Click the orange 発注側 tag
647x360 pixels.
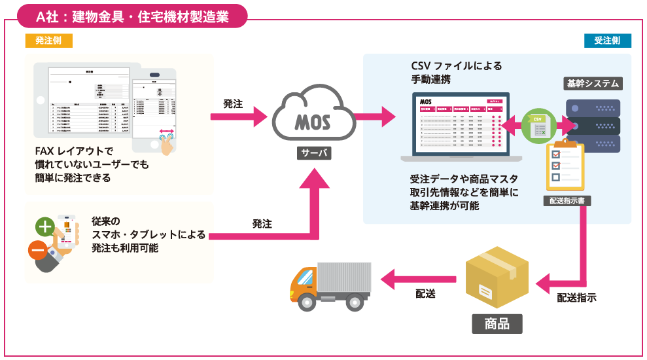click(x=48, y=41)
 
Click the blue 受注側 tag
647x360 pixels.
click(x=607, y=41)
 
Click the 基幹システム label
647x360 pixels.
click(x=593, y=84)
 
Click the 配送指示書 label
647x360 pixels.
click(x=567, y=201)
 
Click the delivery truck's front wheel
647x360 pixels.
click(x=307, y=303)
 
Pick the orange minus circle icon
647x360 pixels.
click(x=37, y=251)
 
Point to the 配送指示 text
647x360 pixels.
click(x=576, y=298)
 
